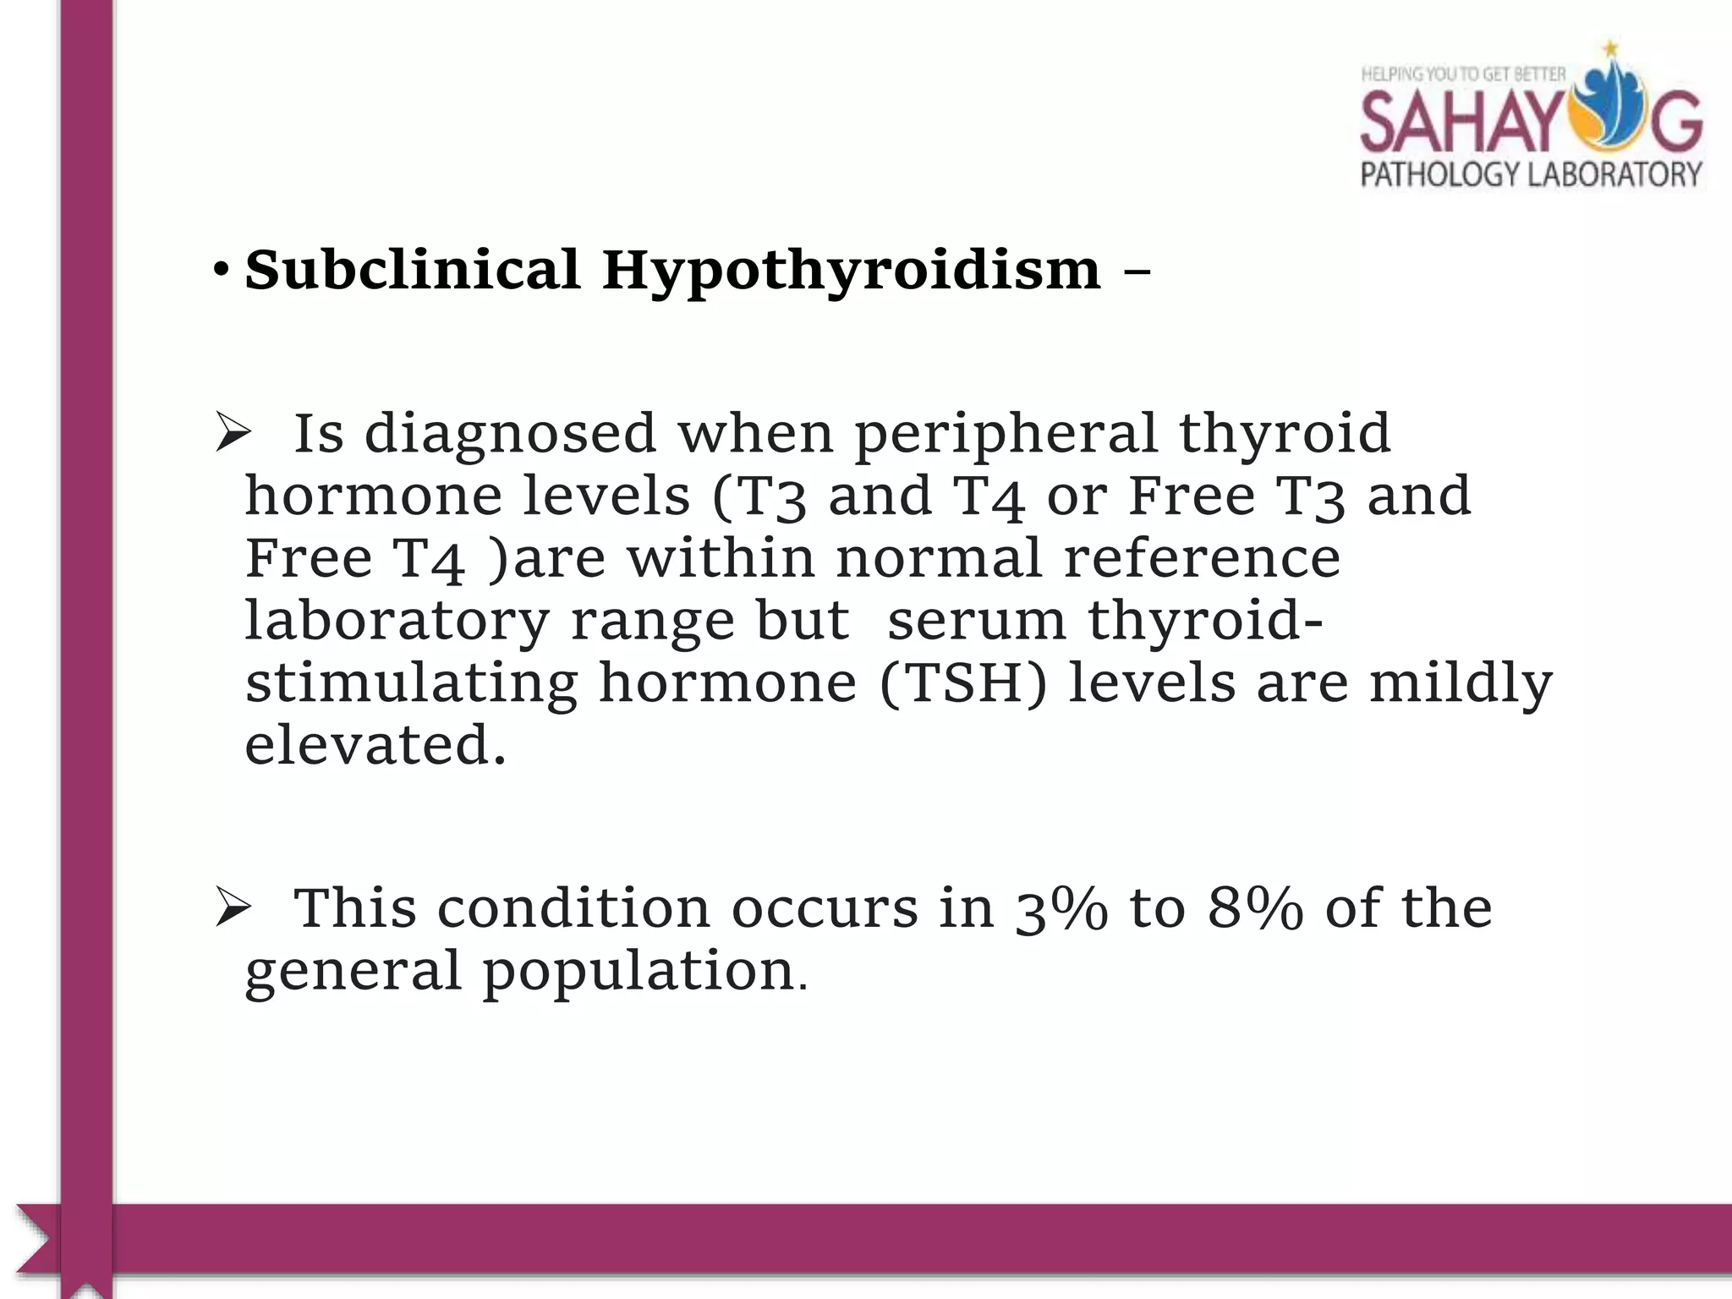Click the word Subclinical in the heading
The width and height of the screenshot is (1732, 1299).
coord(412,270)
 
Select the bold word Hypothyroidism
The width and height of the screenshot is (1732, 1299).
coord(852,271)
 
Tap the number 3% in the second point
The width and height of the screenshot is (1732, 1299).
coord(1061,909)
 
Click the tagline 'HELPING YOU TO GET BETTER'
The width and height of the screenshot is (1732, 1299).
coord(1463,74)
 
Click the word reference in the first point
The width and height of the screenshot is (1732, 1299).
coord(1202,558)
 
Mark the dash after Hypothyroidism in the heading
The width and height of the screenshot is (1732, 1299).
coord(1137,273)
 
